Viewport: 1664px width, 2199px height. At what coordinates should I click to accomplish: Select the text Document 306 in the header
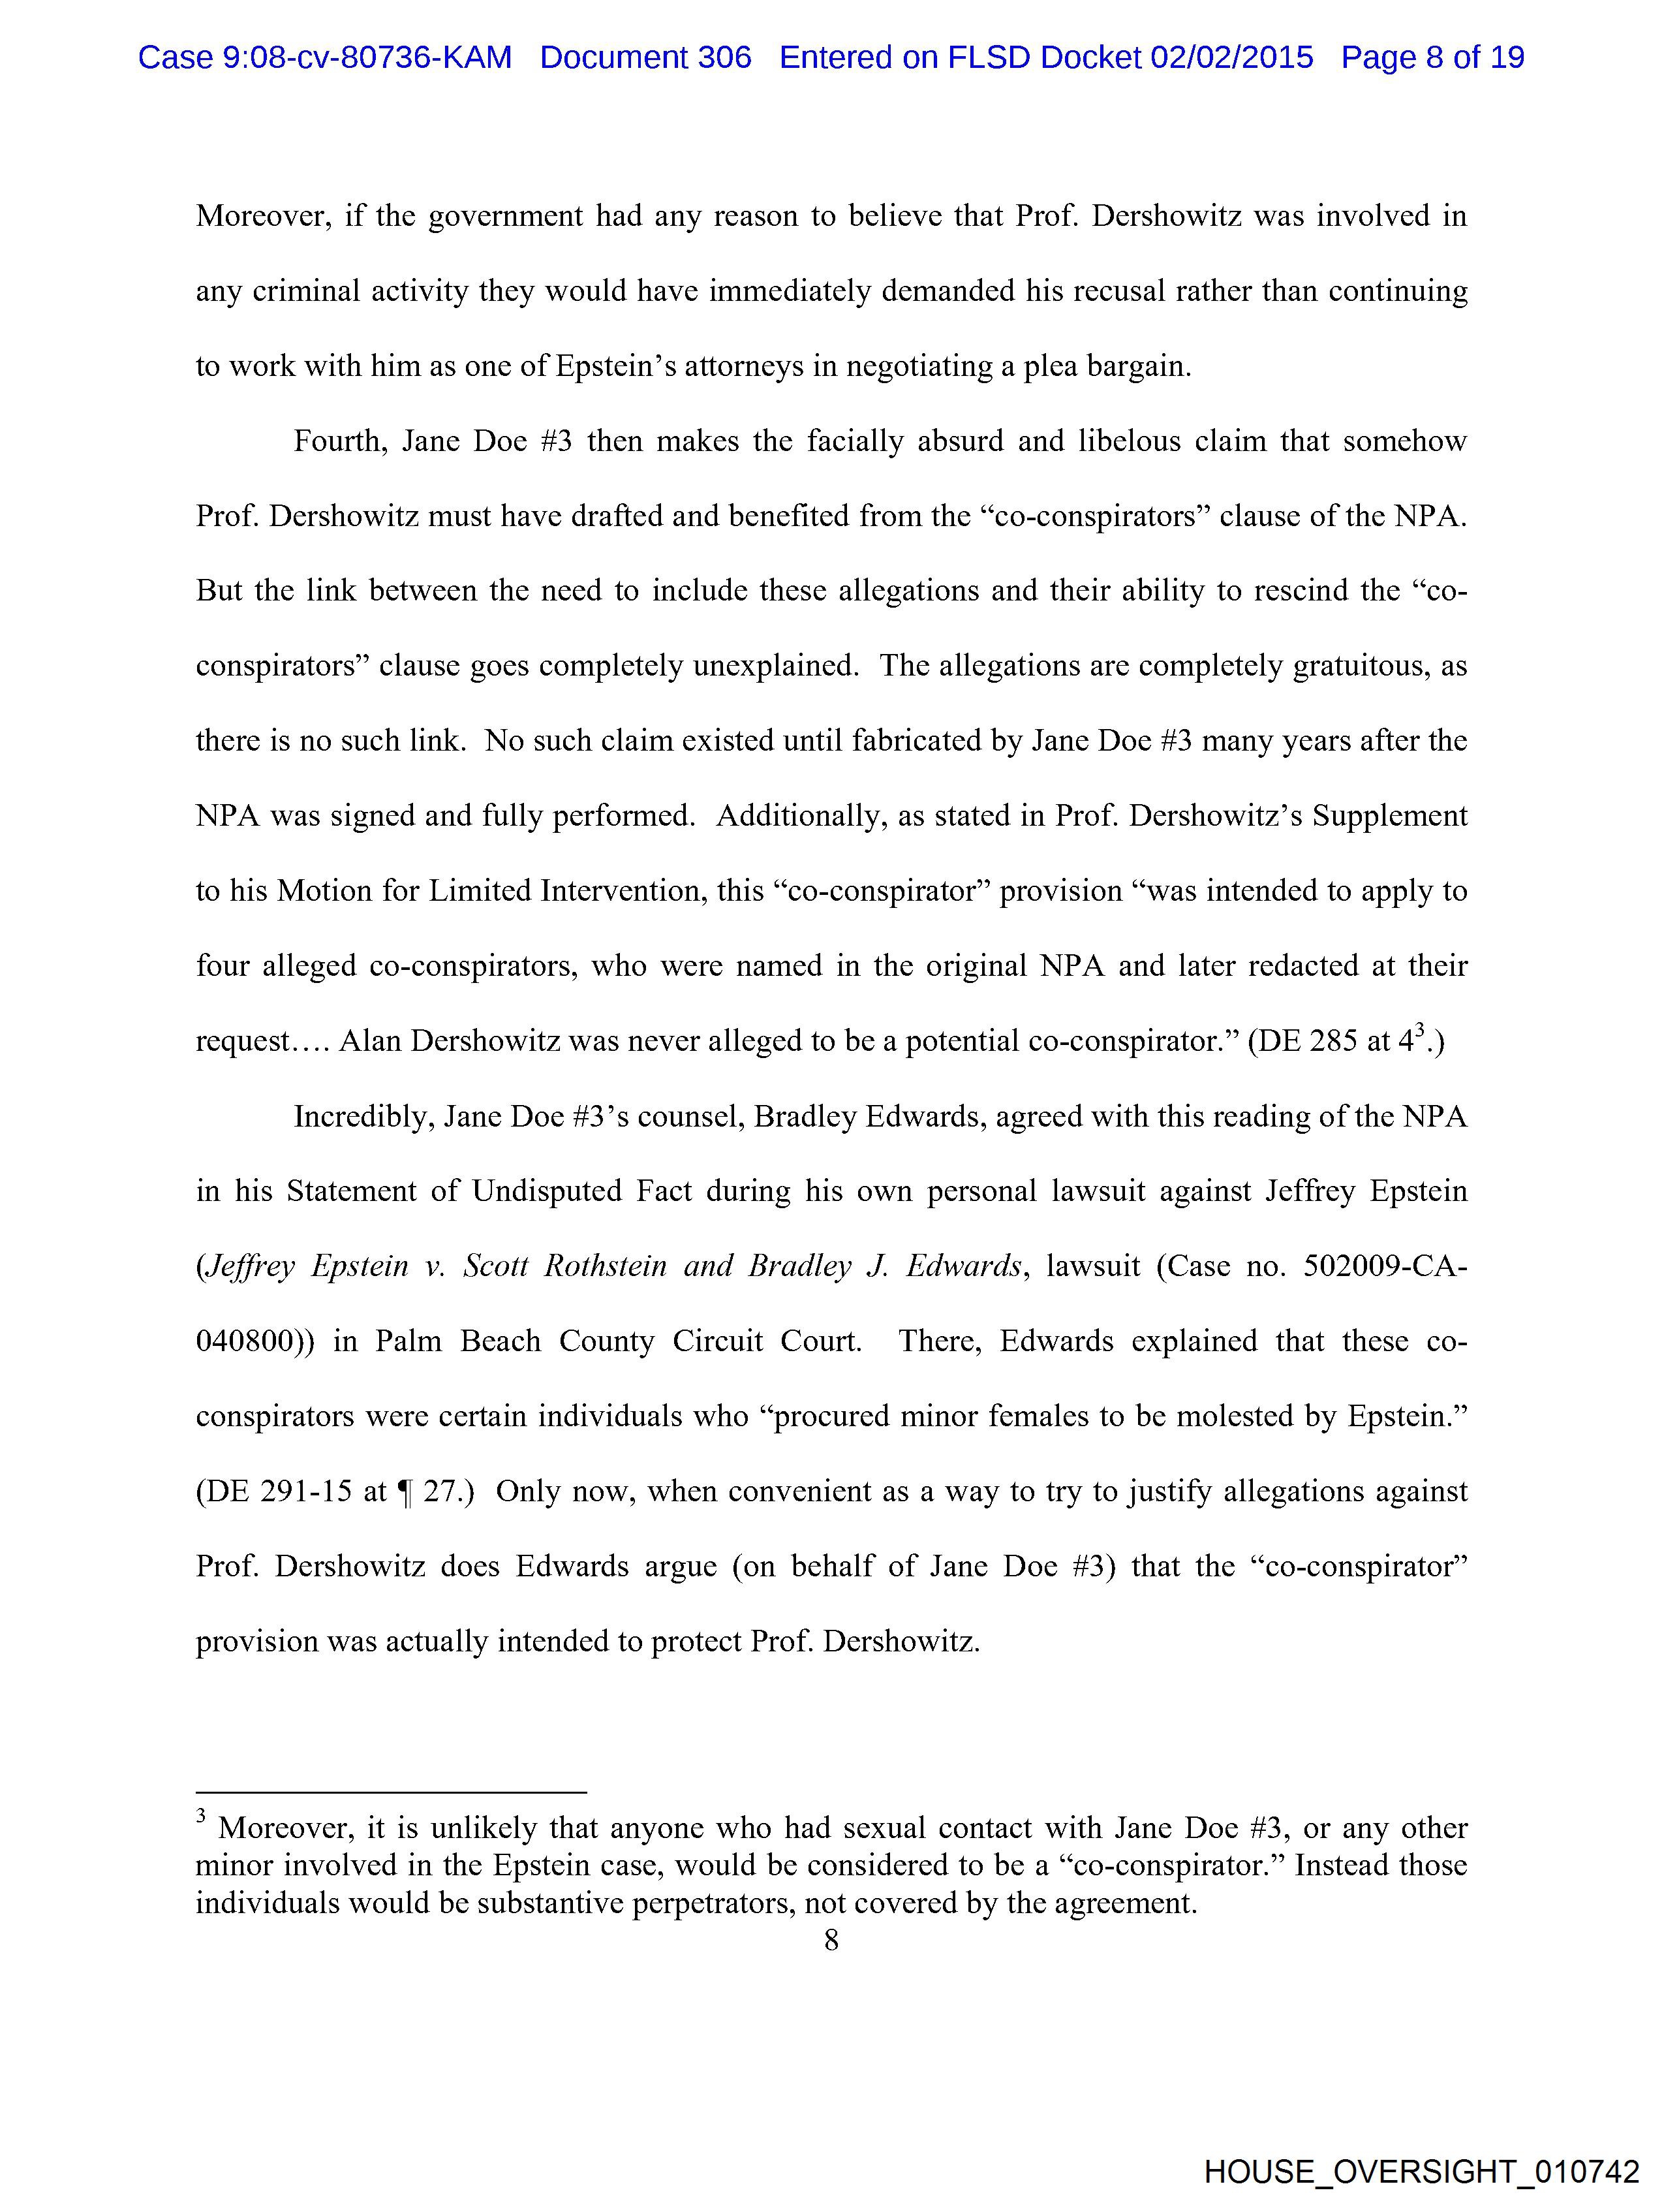coord(645,57)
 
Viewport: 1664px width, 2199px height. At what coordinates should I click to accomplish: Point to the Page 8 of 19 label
coord(1432,57)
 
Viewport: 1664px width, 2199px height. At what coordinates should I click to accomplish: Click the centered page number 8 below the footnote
coord(831,1939)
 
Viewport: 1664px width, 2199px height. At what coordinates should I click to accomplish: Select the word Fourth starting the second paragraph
coord(339,441)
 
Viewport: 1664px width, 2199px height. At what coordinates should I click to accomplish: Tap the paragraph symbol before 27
coord(403,1491)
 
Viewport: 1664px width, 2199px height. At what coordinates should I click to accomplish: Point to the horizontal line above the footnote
coord(391,1792)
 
